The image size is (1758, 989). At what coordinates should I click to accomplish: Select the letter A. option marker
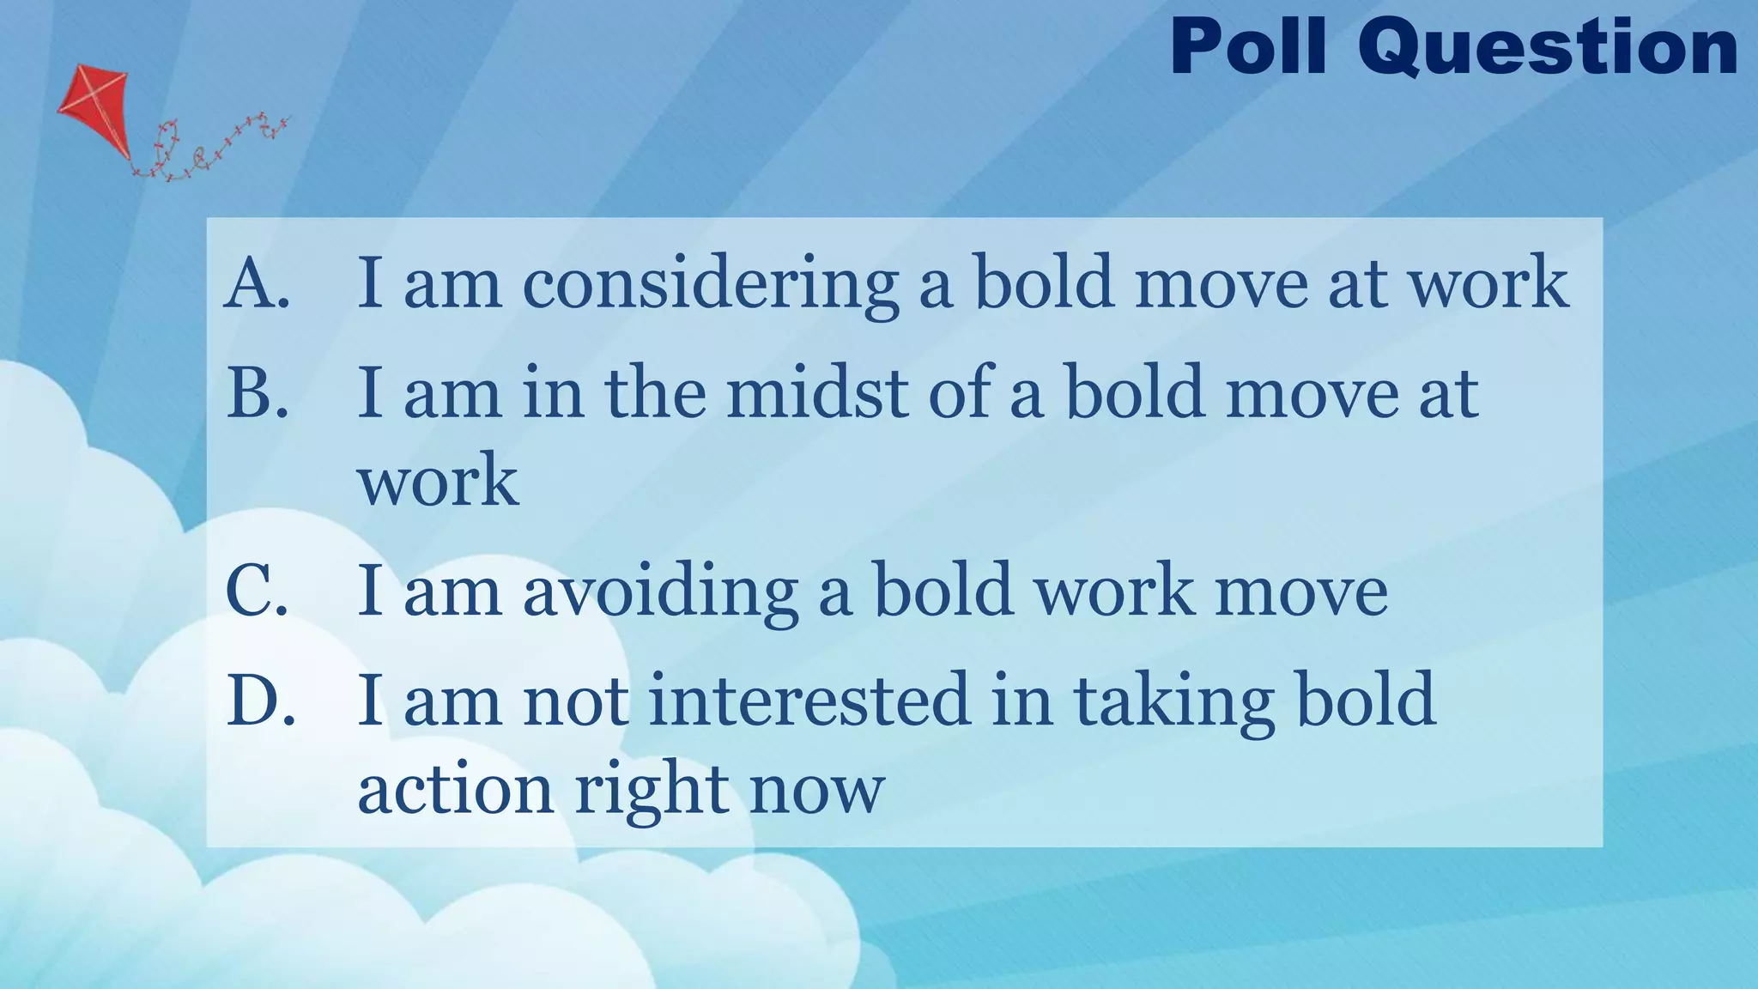[x=258, y=282]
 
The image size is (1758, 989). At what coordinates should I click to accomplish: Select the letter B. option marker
[x=257, y=392]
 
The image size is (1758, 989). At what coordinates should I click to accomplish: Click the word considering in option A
[x=711, y=284]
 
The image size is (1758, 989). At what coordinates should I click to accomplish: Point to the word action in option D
[x=455, y=790]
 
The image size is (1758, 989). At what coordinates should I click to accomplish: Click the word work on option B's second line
[x=438, y=481]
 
